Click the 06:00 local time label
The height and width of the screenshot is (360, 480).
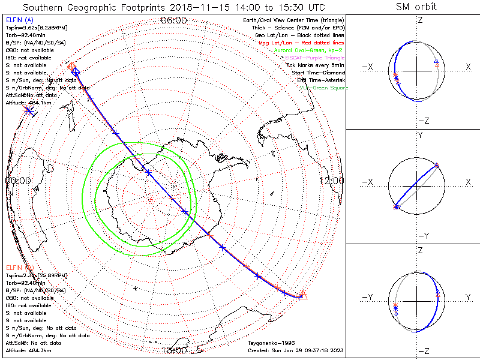[174, 20]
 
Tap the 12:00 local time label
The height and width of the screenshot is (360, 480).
[331, 180]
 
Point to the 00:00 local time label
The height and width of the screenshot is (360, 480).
[17, 180]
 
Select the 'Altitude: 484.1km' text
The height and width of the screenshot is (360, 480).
[29, 103]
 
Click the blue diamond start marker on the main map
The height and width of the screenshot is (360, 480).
[76, 72]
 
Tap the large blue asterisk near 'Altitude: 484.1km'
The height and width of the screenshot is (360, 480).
[28, 110]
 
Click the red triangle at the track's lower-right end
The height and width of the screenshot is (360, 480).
[303, 294]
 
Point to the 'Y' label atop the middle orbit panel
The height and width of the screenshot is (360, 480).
[419, 136]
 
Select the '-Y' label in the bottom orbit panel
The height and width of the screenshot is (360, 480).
[369, 297]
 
